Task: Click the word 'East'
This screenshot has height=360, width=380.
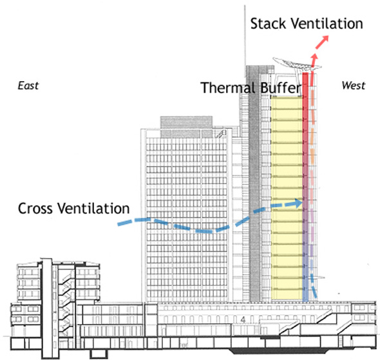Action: point(28,86)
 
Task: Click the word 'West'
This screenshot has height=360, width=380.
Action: point(354,86)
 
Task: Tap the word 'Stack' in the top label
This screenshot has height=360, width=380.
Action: point(269,23)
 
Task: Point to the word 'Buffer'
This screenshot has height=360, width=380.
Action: point(280,88)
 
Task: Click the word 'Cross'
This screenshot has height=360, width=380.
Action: point(35,209)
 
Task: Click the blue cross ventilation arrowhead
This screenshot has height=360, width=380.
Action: point(299,203)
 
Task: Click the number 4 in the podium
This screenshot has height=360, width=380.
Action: point(243,320)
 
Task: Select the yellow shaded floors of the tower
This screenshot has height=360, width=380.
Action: point(287,198)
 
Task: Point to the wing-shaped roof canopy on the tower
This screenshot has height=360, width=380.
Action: point(297,64)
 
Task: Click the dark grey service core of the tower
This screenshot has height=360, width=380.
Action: point(254,184)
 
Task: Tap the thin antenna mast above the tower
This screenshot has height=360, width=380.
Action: point(245,35)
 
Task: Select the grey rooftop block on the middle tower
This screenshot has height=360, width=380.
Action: point(186,127)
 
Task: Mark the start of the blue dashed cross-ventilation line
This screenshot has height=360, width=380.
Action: point(119,224)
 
